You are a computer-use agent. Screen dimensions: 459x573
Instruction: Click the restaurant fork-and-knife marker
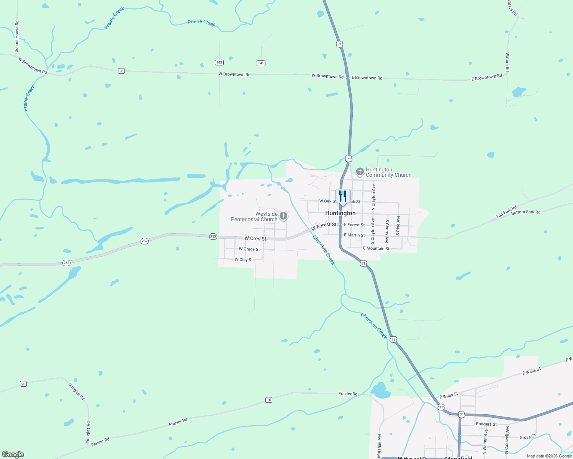343,196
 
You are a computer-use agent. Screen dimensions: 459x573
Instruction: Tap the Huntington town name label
340,213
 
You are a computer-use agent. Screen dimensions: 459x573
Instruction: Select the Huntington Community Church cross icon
360,172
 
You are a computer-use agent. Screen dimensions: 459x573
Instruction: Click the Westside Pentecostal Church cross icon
283,216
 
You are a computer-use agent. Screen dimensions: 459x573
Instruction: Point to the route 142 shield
219,62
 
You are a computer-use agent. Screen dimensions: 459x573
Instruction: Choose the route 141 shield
261,63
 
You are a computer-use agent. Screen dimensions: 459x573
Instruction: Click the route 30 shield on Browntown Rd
121,71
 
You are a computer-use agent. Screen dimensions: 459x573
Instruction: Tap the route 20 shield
23,384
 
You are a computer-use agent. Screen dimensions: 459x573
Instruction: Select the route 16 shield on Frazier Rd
269,400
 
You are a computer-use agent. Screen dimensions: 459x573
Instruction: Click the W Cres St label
255,238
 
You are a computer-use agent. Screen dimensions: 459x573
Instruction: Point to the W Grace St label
249,249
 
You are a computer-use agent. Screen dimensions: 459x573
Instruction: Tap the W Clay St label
244,260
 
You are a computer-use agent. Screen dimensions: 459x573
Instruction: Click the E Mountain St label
376,249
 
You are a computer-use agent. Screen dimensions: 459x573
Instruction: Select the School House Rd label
17,37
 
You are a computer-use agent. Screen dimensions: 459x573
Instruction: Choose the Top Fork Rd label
506,212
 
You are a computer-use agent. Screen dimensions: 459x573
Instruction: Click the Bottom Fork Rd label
526,212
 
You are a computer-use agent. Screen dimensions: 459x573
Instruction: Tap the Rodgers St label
486,424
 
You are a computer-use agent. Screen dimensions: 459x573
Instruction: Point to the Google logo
13,454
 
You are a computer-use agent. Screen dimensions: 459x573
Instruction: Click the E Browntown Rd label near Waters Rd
486,77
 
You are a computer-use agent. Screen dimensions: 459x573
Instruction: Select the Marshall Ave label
379,445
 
